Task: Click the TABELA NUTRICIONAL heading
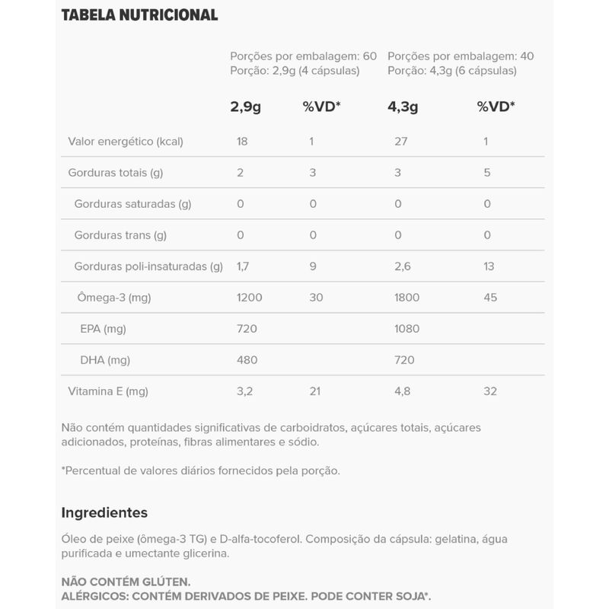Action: tap(139, 14)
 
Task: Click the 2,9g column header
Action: tap(245, 107)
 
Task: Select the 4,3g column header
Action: tap(403, 107)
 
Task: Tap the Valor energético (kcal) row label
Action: tap(126, 141)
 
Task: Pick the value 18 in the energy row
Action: tap(243, 141)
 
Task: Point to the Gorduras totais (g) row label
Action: tap(116, 173)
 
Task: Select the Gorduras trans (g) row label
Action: tap(120, 235)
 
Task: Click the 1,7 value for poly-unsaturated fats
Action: tap(243, 266)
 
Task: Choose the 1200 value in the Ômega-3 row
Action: tap(249, 298)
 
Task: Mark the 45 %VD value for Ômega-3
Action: tap(490, 298)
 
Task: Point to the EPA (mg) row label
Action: tap(103, 329)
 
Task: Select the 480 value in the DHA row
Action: tap(247, 360)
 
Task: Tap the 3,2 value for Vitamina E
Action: tap(244, 391)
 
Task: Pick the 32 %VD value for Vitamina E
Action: tap(489, 391)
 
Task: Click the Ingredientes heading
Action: tap(104, 512)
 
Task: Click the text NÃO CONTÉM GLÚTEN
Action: tap(126, 581)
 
